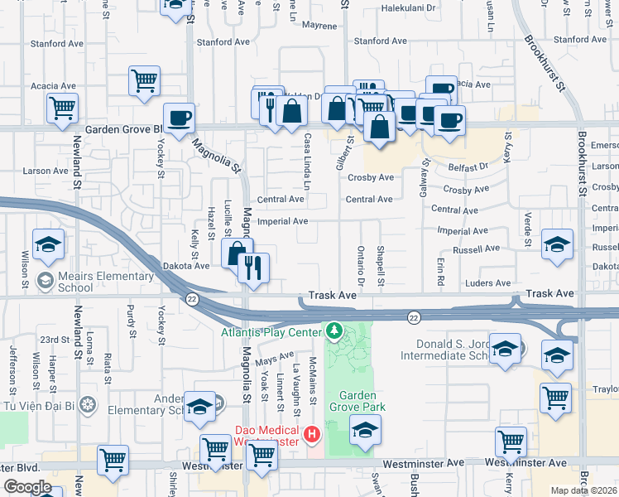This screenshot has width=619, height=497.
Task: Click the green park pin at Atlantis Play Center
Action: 333,331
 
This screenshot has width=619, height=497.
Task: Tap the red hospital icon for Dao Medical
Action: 311,433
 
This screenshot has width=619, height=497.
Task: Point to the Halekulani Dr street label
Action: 408,7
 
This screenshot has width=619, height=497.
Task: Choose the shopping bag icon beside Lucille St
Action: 237,253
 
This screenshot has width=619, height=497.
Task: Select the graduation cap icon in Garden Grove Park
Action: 364,429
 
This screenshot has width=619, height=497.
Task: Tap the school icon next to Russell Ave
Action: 557,244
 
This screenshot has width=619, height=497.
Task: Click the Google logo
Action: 26,487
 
